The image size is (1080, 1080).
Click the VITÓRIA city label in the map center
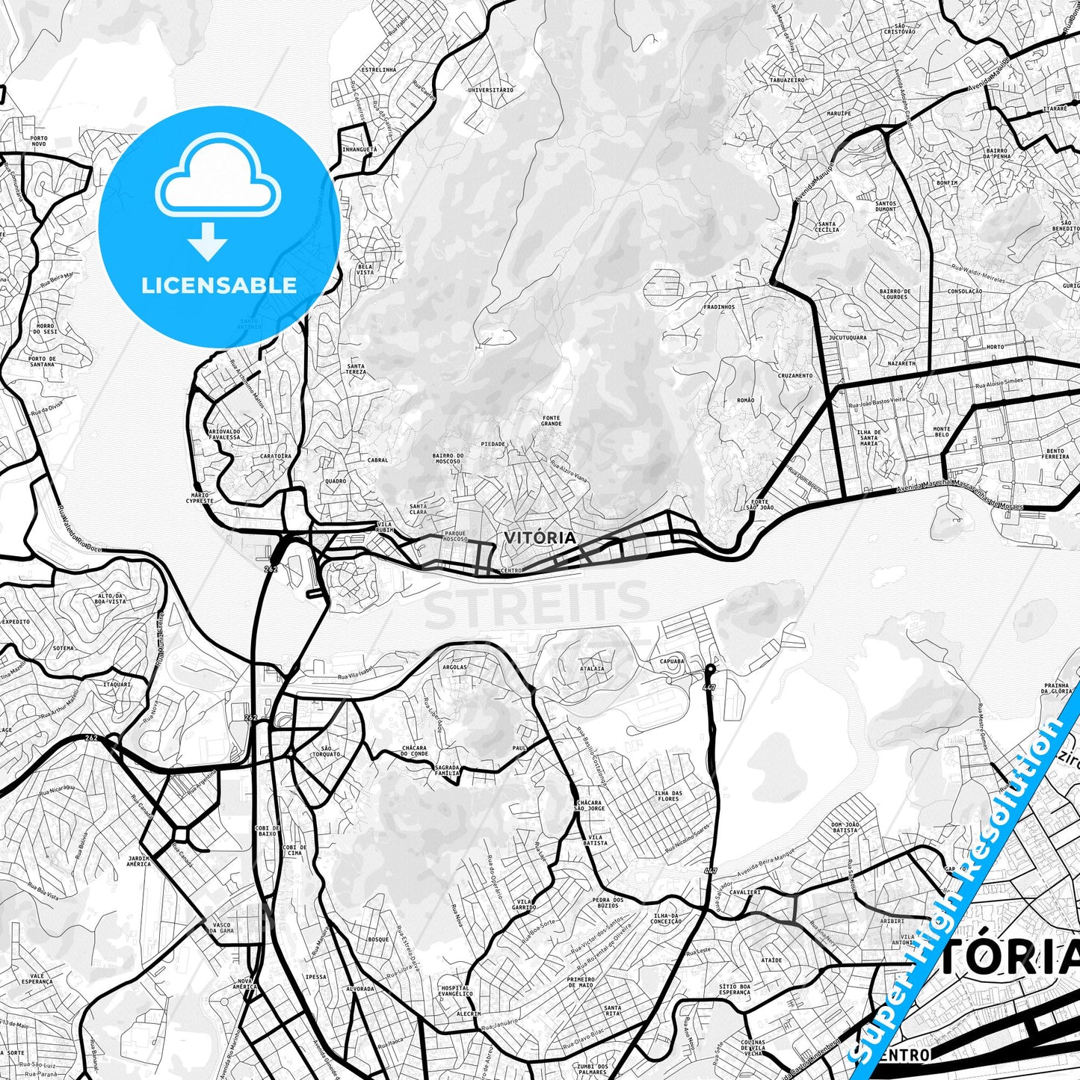(x=540, y=537)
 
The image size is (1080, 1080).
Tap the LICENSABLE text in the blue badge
(x=218, y=285)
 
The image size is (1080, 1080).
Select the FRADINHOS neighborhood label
(x=719, y=306)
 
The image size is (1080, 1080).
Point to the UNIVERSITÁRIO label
(x=490, y=90)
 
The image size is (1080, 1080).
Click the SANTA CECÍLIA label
(x=827, y=226)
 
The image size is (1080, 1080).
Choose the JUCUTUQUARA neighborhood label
(x=848, y=337)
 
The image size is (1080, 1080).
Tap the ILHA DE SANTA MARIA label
(x=868, y=437)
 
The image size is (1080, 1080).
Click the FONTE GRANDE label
(x=552, y=421)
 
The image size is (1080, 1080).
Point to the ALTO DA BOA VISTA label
(x=111, y=598)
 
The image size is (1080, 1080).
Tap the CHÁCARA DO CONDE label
(x=413, y=750)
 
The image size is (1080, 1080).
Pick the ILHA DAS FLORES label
(x=667, y=796)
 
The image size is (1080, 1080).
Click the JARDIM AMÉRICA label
(x=138, y=861)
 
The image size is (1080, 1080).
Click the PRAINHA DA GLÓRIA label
(x=1059, y=688)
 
